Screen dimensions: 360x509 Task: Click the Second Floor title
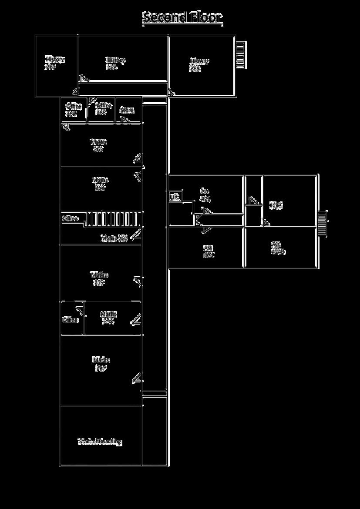click(183, 17)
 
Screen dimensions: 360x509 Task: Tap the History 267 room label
click(54, 63)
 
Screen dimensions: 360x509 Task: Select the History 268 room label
click(116, 64)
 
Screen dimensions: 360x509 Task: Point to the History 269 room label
click(199, 64)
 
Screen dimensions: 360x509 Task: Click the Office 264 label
click(73, 110)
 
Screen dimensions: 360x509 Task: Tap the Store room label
click(127, 110)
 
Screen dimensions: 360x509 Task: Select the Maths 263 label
click(99, 145)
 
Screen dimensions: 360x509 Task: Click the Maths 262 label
click(100, 184)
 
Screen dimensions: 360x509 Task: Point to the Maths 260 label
click(114, 238)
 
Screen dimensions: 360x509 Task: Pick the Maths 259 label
click(99, 278)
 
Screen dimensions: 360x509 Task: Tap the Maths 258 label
click(108, 318)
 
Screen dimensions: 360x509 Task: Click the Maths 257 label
click(101, 364)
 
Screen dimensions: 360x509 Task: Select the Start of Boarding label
click(100, 442)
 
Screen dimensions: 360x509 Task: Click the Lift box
click(175, 197)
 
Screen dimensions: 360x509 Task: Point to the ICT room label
click(276, 205)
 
